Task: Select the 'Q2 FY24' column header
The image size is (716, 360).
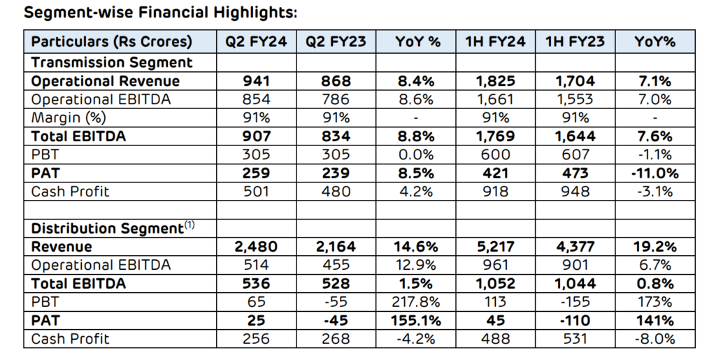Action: [x=256, y=42]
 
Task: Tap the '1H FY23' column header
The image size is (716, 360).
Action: [x=575, y=42]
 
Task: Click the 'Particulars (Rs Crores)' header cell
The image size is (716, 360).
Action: [x=111, y=42]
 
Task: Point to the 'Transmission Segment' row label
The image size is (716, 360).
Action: [x=111, y=62]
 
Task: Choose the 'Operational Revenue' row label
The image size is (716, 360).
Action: [x=106, y=81]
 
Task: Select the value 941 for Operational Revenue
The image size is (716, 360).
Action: [x=256, y=81]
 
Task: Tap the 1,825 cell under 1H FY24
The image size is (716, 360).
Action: [x=495, y=81]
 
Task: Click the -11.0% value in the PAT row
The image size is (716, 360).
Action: [x=654, y=173]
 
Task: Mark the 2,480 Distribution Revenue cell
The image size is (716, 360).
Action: [x=256, y=247]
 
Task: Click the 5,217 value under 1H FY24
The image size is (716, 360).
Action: [x=495, y=247]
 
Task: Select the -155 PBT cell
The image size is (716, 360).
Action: [x=575, y=303]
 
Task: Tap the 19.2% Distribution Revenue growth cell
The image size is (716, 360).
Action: [x=654, y=247]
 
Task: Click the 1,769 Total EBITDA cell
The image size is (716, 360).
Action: [x=495, y=137]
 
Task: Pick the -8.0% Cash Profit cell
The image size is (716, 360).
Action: [x=654, y=340]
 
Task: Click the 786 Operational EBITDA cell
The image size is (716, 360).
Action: [x=336, y=100]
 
